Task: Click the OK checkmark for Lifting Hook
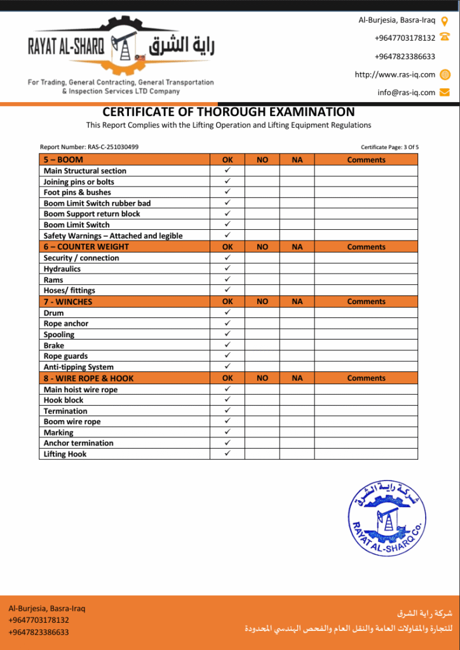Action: (x=227, y=454)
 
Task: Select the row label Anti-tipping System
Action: (x=79, y=367)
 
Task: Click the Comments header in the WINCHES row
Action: (x=366, y=302)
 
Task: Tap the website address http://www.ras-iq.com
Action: (x=395, y=74)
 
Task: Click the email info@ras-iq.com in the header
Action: (x=406, y=92)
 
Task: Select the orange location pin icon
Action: (x=445, y=20)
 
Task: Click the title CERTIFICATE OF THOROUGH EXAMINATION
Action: (x=229, y=112)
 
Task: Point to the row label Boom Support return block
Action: (x=92, y=214)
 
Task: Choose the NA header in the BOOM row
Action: (x=297, y=160)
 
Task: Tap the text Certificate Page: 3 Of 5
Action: (x=389, y=147)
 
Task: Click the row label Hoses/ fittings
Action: (x=69, y=290)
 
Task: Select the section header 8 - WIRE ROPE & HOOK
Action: (x=89, y=378)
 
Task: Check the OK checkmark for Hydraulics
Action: (x=227, y=269)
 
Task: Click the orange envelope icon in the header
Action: (x=445, y=92)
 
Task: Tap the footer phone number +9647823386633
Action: (x=39, y=632)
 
